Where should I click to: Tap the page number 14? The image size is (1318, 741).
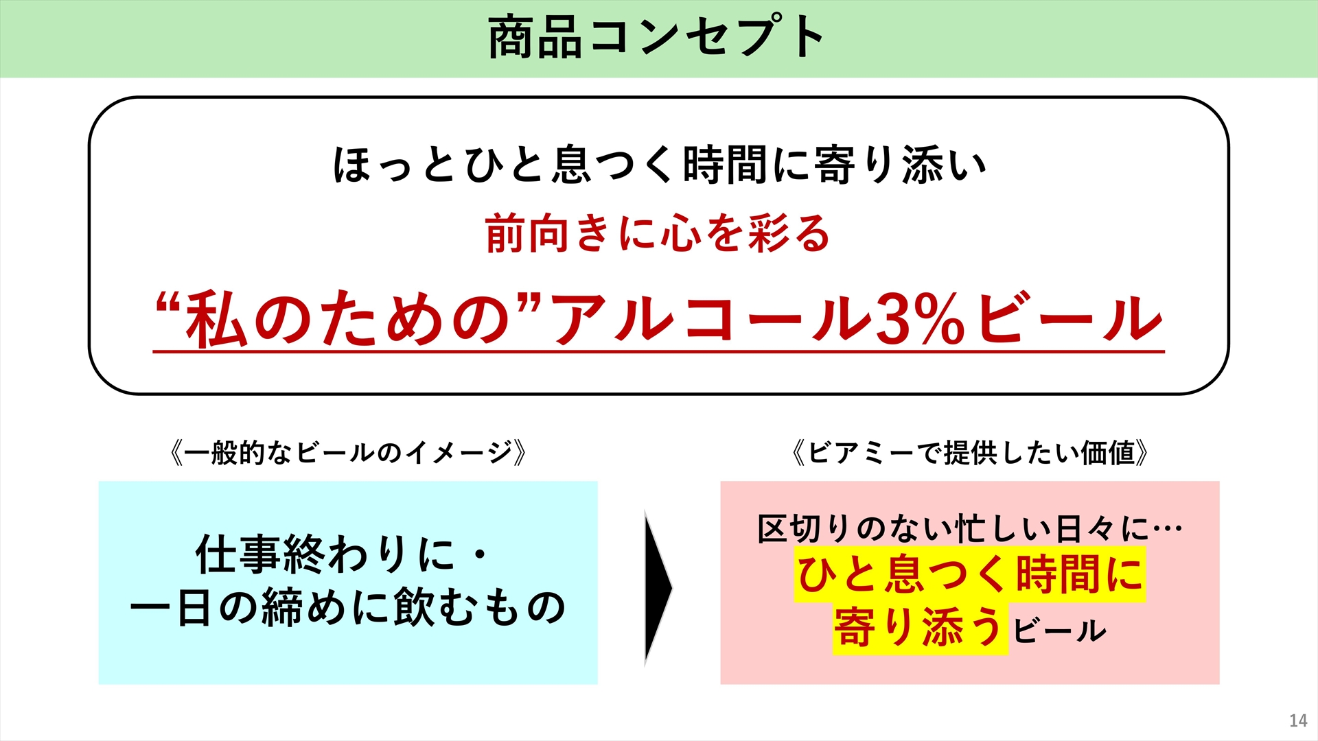[1298, 720]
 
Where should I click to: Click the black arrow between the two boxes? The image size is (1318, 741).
[658, 587]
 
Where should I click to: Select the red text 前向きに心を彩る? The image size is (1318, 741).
[658, 233]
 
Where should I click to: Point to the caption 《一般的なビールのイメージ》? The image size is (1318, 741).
[348, 453]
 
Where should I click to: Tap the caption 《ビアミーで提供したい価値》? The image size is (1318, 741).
[970, 453]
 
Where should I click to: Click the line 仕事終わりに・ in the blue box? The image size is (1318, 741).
[341, 554]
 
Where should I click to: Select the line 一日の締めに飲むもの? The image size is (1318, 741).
[347, 607]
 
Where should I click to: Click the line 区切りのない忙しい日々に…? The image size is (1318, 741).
[970, 528]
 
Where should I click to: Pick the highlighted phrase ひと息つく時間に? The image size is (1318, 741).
[970, 574]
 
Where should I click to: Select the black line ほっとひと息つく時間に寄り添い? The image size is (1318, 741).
[660, 165]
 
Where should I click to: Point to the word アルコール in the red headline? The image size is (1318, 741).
[710, 318]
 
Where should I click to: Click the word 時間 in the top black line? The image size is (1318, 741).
[725, 165]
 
